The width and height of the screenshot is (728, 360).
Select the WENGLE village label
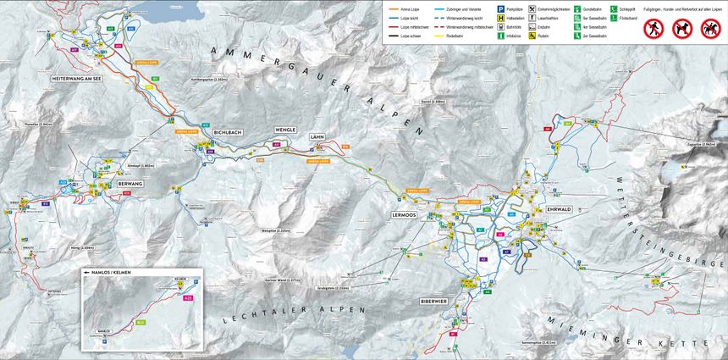pos(284,130)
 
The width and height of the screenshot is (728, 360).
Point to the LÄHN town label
pos(317,136)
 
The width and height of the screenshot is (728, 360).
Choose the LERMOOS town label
pos(407,216)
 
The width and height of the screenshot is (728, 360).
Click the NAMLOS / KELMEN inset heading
pos(110,274)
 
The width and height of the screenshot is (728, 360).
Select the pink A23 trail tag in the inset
pos(188,298)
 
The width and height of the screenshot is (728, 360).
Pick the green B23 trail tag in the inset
pos(140,323)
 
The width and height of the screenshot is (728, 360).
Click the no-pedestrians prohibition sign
pos(652,30)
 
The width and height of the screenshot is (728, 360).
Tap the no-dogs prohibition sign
pos(681,30)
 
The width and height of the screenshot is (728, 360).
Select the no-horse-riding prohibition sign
pos(710,30)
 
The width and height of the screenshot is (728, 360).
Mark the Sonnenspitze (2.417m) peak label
pos(515,342)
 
